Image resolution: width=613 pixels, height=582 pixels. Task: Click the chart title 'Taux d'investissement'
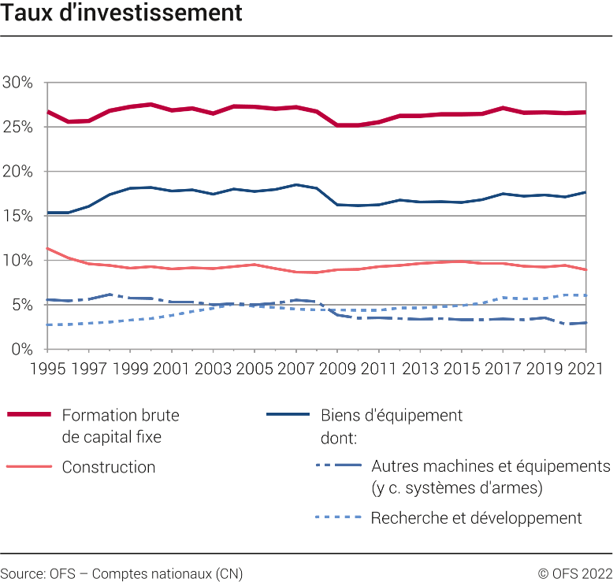(121, 13)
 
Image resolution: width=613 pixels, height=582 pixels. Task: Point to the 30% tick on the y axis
(17, 83)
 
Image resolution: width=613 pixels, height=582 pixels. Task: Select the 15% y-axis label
(17, 216)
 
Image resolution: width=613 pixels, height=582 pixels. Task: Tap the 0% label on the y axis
(21, 349)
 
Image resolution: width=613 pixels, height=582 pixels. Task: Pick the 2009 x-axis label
(337, 368)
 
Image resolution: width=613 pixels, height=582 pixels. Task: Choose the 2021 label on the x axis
(586, 368)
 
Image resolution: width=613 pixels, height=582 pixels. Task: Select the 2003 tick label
(213, 368)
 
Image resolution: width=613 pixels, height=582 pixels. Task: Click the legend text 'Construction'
(109, 467)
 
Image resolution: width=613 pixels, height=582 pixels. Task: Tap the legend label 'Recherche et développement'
(476, 517)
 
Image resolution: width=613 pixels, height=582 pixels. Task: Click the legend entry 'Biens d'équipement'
(392, 415)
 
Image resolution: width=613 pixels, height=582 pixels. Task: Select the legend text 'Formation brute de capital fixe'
(120, 425)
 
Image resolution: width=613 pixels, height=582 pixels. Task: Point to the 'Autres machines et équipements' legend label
(490, 466)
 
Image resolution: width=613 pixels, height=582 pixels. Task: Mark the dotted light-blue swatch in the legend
(339, 517)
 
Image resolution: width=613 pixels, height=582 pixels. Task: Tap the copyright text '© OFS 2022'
(574, 573)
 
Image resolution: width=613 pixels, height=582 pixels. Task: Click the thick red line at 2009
(337, 124)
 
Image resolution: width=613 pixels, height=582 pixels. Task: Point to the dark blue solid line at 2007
(295, 185)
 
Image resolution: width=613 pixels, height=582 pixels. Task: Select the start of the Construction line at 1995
(48, 249)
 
